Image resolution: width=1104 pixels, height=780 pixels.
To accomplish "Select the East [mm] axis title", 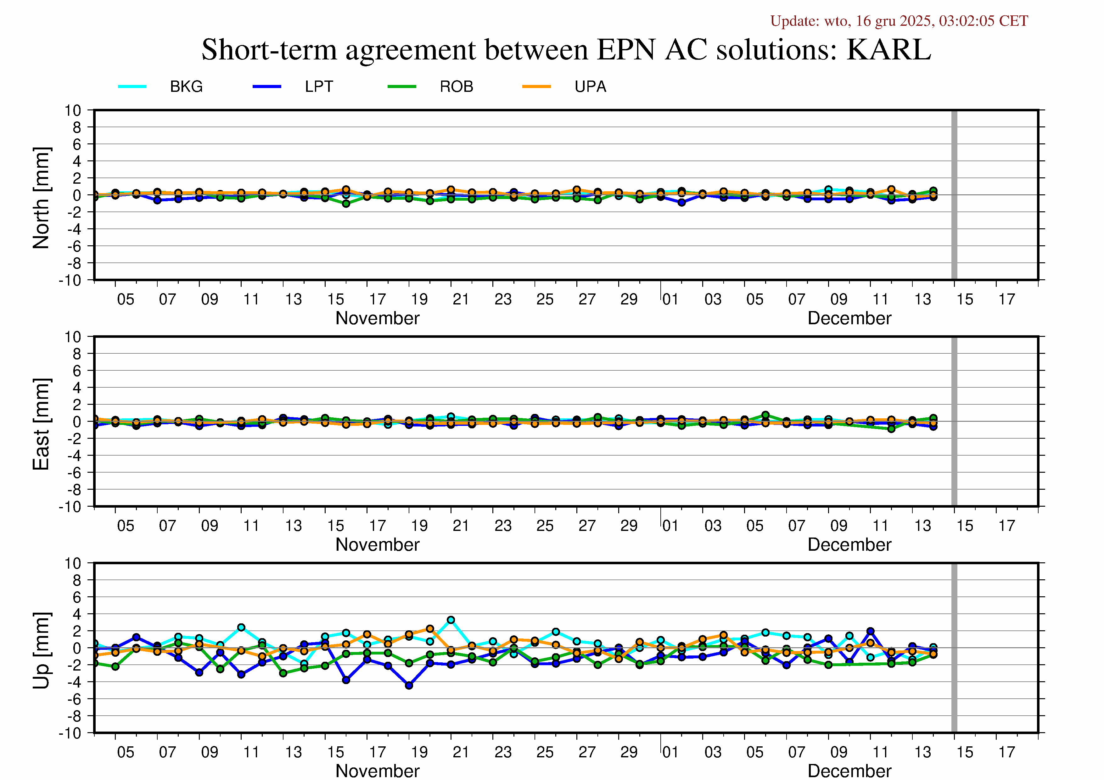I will pyautogui.click(x=41, y=424).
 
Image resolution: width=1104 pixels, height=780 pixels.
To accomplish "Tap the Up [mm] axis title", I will pyautogui.click(x=41, y=650).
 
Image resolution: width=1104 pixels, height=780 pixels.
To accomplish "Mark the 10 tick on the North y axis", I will pyautogui.click(x=73, y=110).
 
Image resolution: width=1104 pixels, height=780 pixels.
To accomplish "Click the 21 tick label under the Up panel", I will pyautogui.click(x=461, y=752).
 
